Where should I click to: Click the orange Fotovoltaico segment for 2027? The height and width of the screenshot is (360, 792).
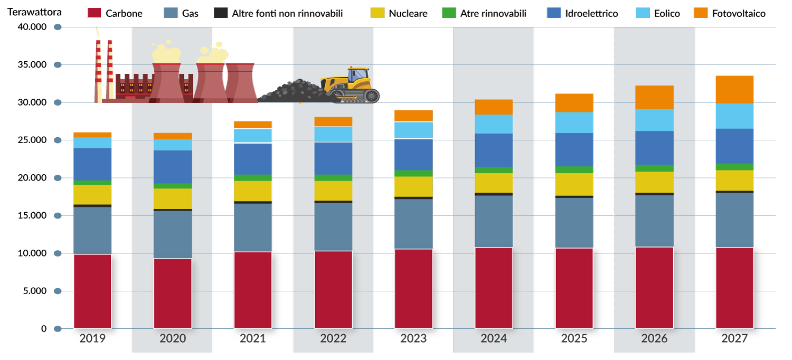734,89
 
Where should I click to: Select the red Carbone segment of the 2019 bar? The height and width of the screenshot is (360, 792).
92,291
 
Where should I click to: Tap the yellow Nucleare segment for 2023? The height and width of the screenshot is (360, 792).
413,187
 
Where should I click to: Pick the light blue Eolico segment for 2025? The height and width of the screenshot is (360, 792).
574,122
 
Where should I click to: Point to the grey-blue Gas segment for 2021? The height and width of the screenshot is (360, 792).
253,228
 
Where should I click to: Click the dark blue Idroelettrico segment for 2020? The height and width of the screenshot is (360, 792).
173,167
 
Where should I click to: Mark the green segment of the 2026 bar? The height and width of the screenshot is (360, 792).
655,168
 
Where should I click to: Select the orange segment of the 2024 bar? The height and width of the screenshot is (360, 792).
494,107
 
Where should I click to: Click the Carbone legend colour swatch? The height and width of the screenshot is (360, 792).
95,13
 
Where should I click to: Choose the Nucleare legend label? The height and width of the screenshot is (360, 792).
408,13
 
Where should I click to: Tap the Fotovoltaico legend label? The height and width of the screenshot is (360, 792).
739,13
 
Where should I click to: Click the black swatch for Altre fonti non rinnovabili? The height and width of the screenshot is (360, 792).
221,13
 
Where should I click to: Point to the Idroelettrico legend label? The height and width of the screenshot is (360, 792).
591,13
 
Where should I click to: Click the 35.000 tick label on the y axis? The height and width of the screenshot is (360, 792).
32,65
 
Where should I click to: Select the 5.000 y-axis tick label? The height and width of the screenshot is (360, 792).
35,291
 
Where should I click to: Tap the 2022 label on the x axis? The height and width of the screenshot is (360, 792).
333,338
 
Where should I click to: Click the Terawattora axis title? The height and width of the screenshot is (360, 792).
35,12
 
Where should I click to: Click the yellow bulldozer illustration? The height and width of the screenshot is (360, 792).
351,85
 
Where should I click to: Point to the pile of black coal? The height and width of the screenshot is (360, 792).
294,91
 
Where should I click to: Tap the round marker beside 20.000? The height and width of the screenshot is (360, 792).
58,178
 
